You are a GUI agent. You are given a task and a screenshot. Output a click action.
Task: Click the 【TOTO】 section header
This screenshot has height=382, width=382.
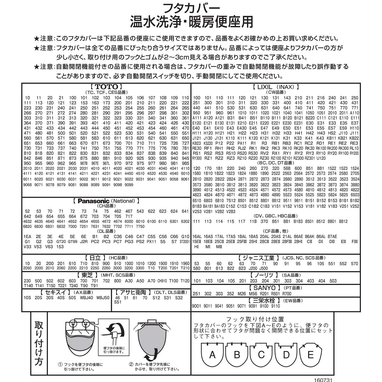coord(106,87)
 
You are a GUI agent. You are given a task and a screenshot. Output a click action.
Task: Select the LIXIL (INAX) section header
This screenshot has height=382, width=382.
coord(276,87)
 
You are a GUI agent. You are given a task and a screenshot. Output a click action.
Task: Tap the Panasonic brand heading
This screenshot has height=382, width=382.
coord(106,201)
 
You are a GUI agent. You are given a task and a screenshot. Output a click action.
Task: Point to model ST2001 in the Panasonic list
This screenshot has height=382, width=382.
coord(185,242)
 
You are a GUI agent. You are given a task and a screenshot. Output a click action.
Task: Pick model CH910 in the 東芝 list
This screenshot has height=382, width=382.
coord(162,281)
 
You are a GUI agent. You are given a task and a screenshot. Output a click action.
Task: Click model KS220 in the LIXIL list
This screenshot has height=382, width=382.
coord(208,143)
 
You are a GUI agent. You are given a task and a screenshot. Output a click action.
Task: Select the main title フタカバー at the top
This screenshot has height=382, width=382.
coord(191,9)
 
